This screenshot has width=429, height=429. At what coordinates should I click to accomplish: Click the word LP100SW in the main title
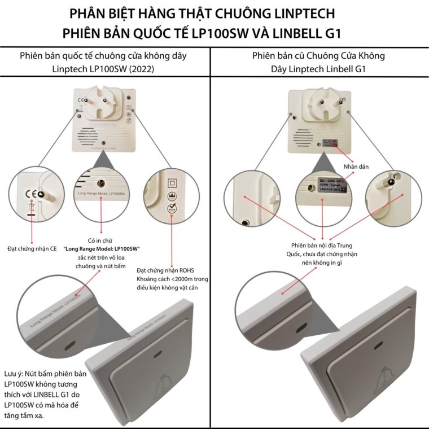click(220, 32)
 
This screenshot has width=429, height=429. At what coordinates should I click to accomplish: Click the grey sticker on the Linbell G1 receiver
click(329, 142)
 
